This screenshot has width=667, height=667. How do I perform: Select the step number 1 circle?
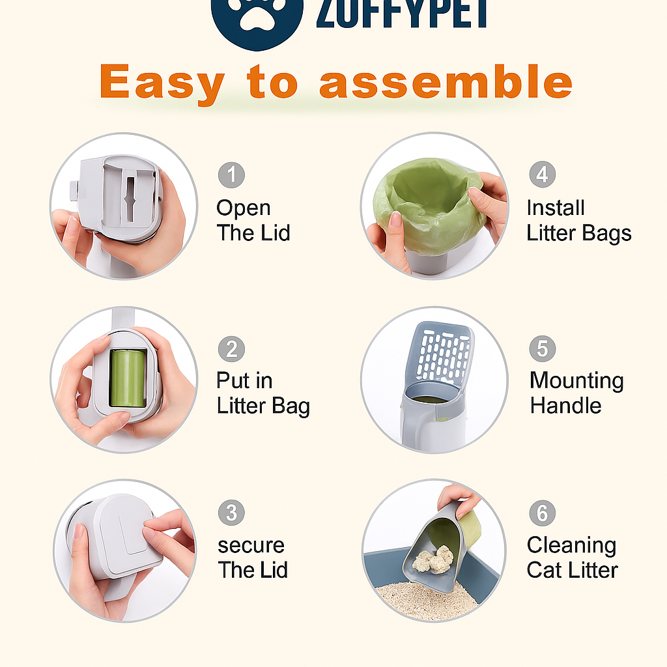pos(231,176)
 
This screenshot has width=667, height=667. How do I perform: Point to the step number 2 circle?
pos(231,349)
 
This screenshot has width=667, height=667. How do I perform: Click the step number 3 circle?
pos(231,513)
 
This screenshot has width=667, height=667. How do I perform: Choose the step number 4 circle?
pos(542,175)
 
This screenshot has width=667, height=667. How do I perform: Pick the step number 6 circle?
pos(542,514)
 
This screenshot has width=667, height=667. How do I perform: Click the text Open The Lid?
pos(253,220)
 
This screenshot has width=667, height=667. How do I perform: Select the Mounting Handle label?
pos(576,393)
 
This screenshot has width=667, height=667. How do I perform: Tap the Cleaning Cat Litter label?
pos(572,558)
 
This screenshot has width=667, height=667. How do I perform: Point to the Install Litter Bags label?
pos(578,220)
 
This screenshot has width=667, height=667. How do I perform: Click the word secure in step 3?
pos(251,545)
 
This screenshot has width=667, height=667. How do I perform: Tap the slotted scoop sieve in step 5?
pos(443,352)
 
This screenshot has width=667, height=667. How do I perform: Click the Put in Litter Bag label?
pos(263,393)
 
